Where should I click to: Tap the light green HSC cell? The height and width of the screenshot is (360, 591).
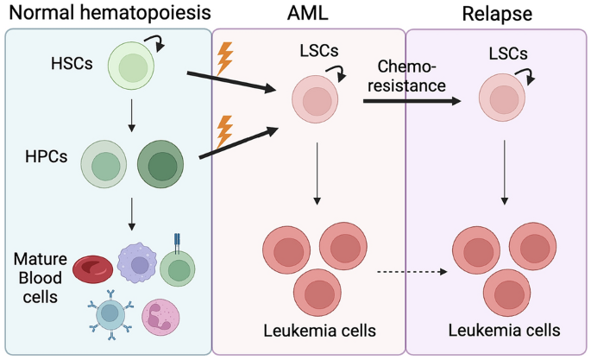132,66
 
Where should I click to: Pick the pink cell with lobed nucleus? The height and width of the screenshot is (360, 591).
162,318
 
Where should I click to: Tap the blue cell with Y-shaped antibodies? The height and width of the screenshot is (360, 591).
109,315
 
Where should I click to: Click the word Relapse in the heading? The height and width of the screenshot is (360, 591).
497,15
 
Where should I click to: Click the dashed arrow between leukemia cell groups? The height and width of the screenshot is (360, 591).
410,274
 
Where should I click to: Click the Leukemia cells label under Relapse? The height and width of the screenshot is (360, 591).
505,330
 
